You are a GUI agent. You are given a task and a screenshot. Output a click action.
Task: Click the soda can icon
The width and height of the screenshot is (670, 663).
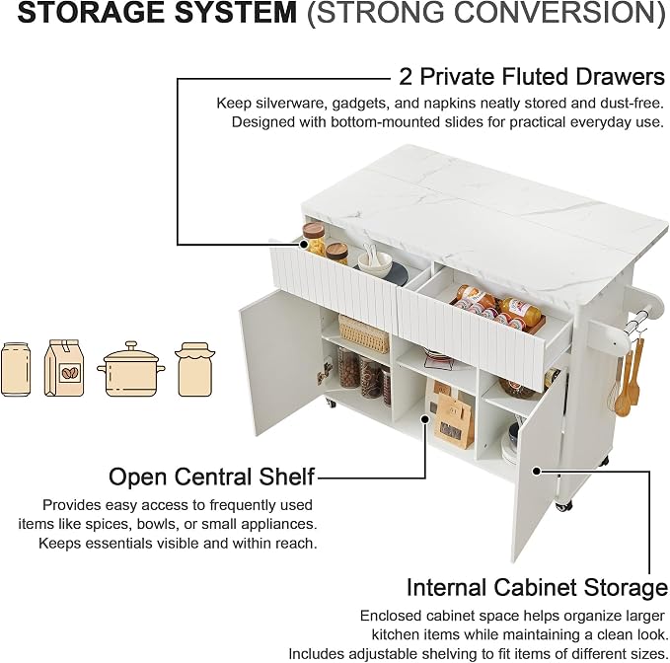(16, 370)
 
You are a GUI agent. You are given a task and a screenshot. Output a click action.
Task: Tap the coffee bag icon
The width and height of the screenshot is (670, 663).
(64, 368)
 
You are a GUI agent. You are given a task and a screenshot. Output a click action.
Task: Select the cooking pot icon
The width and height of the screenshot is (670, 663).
(131, 369)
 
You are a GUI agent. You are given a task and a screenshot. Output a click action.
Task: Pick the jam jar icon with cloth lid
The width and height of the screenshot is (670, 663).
(194, 370)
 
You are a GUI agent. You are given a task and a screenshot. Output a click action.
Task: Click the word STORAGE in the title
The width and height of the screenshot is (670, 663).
(91, 13)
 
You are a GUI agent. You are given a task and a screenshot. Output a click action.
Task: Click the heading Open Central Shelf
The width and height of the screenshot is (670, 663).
(211, 477)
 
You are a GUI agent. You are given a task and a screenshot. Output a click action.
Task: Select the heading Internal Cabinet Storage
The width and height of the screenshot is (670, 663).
(537, 587)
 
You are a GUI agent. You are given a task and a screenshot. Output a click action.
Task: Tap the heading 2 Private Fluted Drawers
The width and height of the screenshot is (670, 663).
(532, 77)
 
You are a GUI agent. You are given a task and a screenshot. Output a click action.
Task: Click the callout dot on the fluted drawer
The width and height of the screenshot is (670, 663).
(304, 245)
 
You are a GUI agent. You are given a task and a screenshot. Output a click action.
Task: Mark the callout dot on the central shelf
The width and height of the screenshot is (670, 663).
(425, 419)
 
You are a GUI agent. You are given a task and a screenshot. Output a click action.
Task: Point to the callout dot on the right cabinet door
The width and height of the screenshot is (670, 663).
(537, 471)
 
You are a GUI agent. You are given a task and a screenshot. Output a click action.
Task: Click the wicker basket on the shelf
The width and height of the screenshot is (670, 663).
(364, 334)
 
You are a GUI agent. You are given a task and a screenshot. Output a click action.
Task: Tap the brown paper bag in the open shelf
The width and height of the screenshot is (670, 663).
(454, 420)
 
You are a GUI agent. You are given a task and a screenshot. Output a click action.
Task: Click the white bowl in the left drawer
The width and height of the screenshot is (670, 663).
(375, 262)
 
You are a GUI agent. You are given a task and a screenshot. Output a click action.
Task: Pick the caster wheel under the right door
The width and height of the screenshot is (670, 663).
(564, 505)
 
